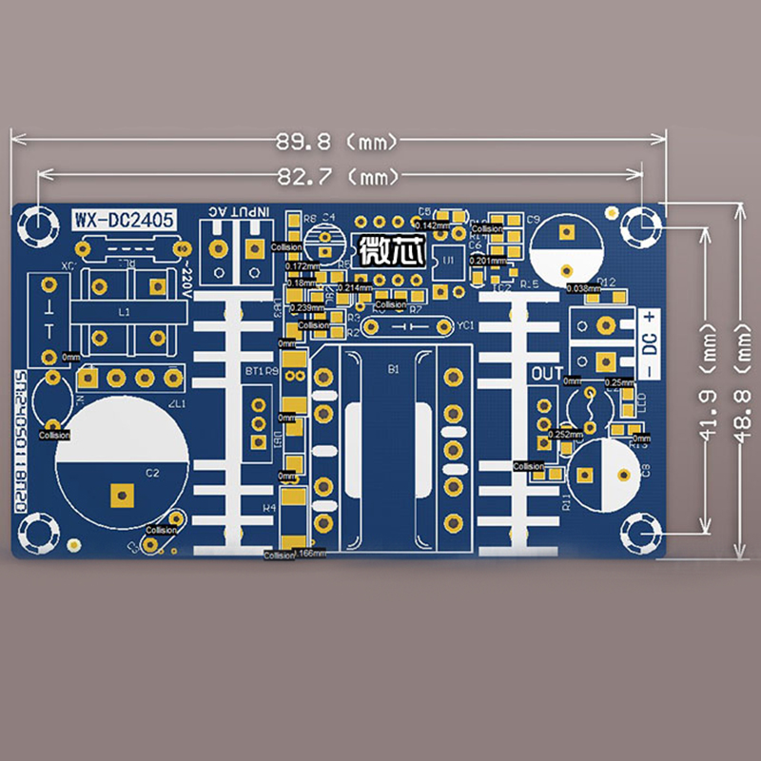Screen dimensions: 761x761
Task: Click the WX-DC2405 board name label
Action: (124, 220)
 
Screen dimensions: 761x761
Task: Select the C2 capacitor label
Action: (152, 472)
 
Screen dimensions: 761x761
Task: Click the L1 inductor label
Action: (123, 311)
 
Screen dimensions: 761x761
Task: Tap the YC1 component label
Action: (465, 325)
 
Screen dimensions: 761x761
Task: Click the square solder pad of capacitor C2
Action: (121, 494)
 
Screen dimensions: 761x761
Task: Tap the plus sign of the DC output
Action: (650, 318)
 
